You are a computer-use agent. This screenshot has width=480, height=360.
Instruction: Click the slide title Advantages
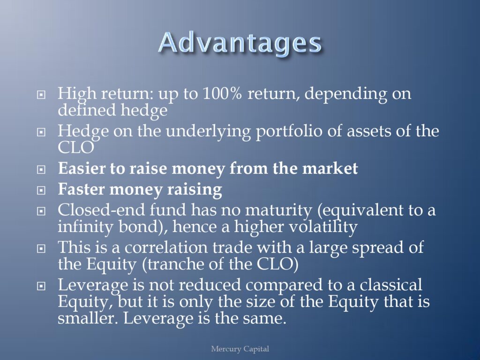240,43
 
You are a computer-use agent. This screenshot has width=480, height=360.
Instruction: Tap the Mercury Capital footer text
240,349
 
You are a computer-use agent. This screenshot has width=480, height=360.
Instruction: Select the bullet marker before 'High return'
41,94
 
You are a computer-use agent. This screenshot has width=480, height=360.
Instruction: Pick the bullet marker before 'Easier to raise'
41,169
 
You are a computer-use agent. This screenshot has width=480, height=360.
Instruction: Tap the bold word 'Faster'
82,189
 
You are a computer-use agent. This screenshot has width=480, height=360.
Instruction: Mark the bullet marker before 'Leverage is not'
41,286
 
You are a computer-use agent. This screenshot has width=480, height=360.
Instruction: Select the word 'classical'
391,285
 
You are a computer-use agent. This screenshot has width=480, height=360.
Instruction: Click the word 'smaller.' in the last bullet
88,318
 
